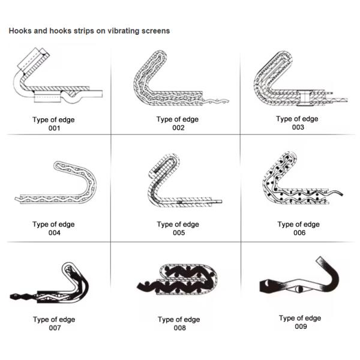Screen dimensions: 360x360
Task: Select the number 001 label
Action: point(54,128)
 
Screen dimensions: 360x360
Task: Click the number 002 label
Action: point(178,128)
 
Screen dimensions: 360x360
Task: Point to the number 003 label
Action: point(298,127)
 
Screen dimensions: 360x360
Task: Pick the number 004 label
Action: point(55,233)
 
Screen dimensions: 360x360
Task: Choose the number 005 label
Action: point(179,233)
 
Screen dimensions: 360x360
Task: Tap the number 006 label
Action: point(299,233)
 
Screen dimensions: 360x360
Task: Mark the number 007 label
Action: point(55,328)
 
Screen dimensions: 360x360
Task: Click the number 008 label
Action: point(180,328)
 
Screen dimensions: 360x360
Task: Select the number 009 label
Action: point(301,326)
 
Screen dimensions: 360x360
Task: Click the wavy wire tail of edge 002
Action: point(216,101)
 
